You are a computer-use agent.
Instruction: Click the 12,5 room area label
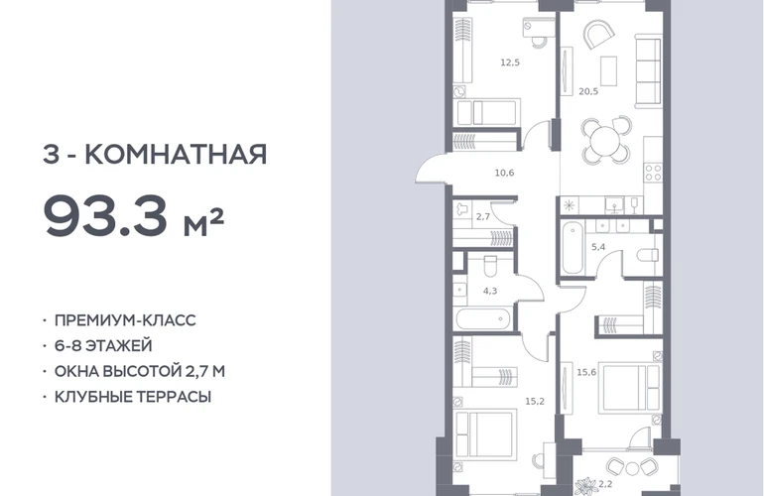pyautogui.click(x=510, y=62)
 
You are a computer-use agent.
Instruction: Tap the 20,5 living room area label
pyautogui.click(x=588, y=91)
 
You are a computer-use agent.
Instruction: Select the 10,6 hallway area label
pyautogui.click(x=504, y=173)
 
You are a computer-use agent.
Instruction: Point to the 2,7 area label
pyautogui.click(x=483, y=217)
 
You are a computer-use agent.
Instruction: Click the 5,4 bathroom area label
pyautogui.click(x=598, y=247)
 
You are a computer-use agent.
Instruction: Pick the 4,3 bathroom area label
pyautogui.click(x=490, y=291)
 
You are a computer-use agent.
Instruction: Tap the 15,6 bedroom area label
pyautogui.click(x=586, y=372)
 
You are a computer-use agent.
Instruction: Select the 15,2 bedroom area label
pyautogui.click(x=535, y=401)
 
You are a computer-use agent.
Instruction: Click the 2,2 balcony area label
pyautogui.click(x=605, y=484)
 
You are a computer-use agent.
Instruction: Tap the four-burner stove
pyautogui.click(x=653, y=173)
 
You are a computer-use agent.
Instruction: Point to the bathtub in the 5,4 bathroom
pyautogui.click(x=573, y=248)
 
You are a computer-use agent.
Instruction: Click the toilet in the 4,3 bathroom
pyautogui.click(x=490, y=266)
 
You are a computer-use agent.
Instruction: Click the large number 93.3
pyautogui.click(x=105, y=215)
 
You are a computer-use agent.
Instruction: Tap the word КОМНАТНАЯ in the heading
pyautogui.click(x=176, y=154)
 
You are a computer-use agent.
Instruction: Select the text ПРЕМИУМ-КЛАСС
pyautogui.click(x=125, y=320)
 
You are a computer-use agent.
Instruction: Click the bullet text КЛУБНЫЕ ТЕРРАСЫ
pyautogui.click(x=133, y=397)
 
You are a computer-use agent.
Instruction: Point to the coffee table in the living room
pyautogui.click(x=608, y=70)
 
